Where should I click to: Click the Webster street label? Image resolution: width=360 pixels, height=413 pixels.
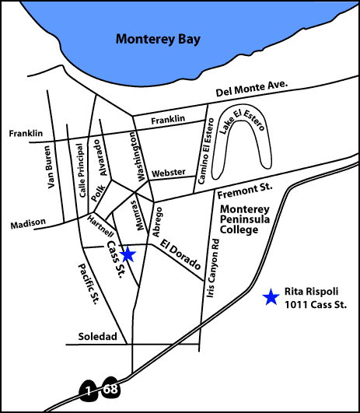(x=169, y=173)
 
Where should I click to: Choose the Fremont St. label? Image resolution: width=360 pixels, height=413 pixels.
(x=244, y=188)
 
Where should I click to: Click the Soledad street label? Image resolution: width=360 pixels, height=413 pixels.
(x=97, y=337)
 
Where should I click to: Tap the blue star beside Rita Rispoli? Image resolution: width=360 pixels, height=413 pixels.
(x=271, y=296)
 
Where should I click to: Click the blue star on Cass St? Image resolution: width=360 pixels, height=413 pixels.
(x=129, y=254)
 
